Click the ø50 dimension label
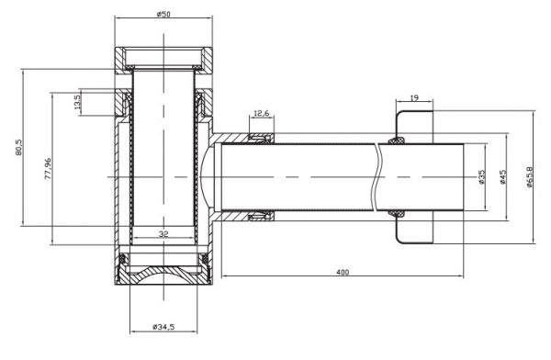click(x=163, y=14)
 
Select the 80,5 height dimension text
click(x=18, y=147)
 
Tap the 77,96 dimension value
click(x=48, y=169)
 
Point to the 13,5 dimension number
click(x=78, y=101)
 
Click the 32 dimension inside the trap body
click(x=163, y=234)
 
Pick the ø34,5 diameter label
click(x=163, y=327)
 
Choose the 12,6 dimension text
click(x=261, y=113)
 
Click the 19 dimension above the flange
click(x=414, y=97)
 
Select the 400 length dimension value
click(x=343, y=272)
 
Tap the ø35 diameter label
click(x=481, y=177)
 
